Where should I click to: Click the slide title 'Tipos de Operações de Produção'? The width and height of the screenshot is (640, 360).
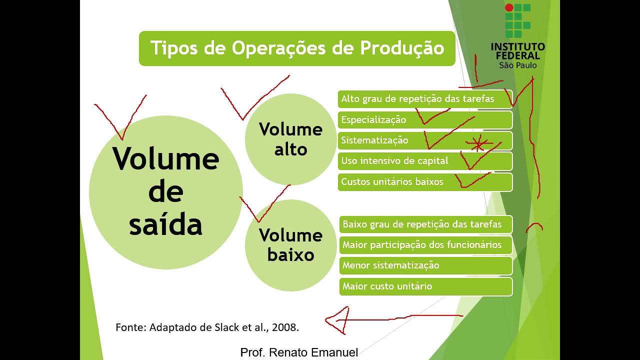coord(297,48)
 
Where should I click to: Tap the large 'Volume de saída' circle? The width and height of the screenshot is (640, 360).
coord(166,192)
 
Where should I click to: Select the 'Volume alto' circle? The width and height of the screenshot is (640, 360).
coord(290,139)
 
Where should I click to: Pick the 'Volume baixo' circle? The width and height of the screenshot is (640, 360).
coord(290,245)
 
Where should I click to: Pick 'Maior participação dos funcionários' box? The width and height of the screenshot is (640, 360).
coord(425,245)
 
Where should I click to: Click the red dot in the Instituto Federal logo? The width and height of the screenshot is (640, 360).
coord(509,7)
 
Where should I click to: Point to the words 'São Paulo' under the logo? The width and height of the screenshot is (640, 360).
coord(517,65)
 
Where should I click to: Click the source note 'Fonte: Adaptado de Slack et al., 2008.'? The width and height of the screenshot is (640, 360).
coord(207,328)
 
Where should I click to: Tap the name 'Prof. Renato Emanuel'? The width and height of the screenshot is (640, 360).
coord(299,352)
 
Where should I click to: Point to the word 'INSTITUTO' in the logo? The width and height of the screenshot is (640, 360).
coord(517,47)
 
